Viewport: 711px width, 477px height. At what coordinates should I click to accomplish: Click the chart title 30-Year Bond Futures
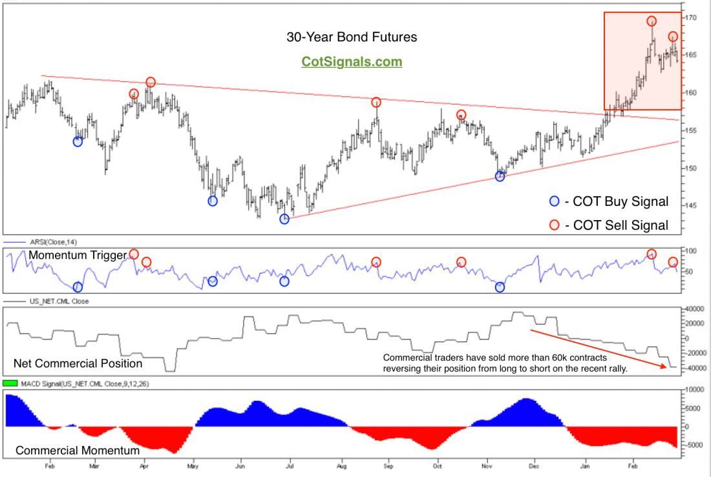coord(352,37)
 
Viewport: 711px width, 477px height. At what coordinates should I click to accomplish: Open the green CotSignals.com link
coord(352,62)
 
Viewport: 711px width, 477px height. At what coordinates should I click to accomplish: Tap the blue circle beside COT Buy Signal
coord(553,201)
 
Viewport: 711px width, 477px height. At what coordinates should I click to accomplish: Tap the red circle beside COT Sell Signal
coord(553,225)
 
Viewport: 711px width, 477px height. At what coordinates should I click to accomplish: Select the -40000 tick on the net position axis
coord(694,368)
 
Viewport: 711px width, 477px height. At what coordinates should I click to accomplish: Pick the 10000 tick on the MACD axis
coord(694,390)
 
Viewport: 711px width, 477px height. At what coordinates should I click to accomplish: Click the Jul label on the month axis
coord(290,464)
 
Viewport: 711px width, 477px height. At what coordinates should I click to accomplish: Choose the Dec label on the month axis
coord(534,464)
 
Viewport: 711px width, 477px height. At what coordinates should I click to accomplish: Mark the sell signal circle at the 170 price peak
coord(652,21)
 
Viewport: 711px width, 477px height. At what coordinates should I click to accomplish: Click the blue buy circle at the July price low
coord(284,219)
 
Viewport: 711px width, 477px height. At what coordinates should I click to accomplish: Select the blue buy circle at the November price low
coord(500,176)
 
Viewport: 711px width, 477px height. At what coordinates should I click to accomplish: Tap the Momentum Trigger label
coord(77,256)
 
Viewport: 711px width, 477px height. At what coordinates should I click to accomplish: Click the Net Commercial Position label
coord(78,363)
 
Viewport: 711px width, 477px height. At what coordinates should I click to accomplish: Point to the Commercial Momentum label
coord(78,450)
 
